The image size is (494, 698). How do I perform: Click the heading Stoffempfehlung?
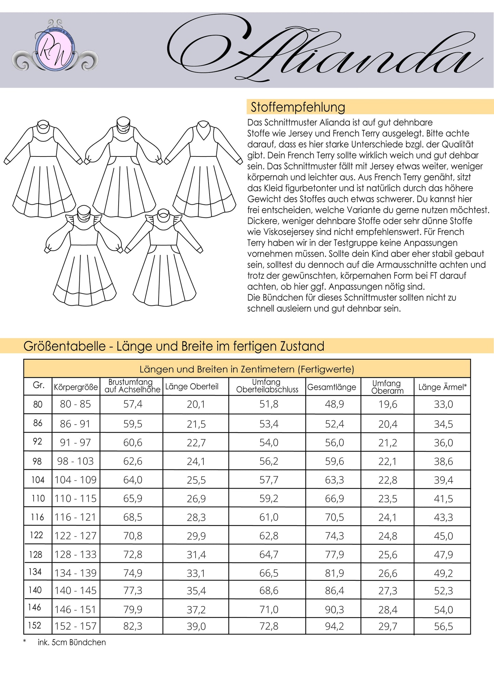[x=298, y=107]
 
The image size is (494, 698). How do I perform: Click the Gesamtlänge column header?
[x=332, y=387]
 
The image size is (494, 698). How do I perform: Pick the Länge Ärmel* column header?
[x=442, y=387]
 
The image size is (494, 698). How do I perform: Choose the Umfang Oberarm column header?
[x=387, y=387]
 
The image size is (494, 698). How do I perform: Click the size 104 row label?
[x=38, y=480]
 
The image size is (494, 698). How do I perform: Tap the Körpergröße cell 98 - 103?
[x=75, y=461]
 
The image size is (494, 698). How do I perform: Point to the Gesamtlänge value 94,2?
[x=334, y=626]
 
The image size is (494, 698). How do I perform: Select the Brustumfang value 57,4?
[x=133, y=404]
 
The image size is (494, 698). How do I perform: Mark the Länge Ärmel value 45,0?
[x=443, y=536]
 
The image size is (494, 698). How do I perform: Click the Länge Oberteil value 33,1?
[x=196, y=573]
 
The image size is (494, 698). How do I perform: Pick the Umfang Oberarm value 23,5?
[x=387, y=498]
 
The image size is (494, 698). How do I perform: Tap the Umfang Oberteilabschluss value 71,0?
[x=269, y=610]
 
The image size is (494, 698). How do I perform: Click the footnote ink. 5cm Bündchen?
[x=71, y=642]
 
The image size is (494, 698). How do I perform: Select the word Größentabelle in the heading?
[x=64, y=346]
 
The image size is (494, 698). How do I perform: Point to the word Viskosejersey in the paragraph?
[x=280, y=232]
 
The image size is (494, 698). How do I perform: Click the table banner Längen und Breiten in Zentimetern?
[x=246, y=369]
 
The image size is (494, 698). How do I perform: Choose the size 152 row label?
[x=35, y=625]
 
